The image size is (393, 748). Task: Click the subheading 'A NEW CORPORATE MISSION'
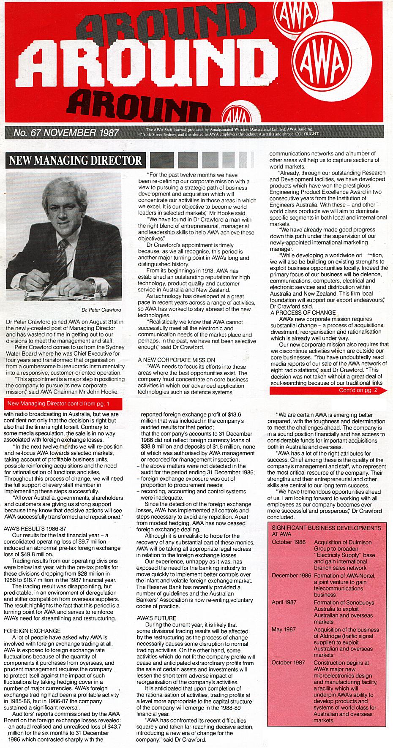click(171, 359)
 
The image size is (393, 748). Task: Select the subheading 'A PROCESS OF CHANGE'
click(303, 313)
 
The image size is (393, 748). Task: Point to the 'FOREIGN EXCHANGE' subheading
click(32, 631)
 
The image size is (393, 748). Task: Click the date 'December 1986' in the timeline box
click(292, 575)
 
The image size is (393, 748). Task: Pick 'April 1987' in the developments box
click(284, 603)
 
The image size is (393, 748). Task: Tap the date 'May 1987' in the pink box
click(283, 629)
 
